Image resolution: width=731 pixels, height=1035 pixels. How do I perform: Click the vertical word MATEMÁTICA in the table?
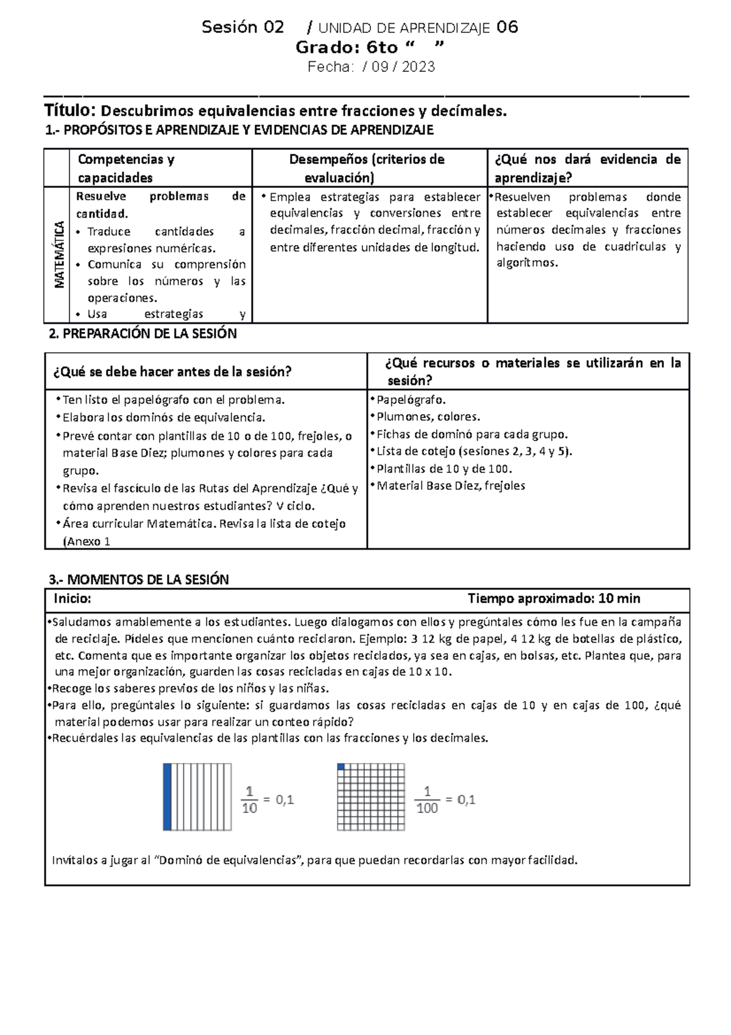pyautogui.click(x=59, y=254)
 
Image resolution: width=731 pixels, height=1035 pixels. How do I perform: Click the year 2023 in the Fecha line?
pyautogui.click(x=418, y=67)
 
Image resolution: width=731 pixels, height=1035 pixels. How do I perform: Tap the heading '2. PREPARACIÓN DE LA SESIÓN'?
pyautogui.click(x=142, y=334)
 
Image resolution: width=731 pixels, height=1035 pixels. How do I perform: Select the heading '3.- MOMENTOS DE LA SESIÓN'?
pyautogui.click(x=138, y=580)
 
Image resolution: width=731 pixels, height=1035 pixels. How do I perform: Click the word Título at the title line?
pyautogui.click(x=70, y=110)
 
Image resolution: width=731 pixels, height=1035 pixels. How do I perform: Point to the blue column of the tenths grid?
pyautogui.click(x=167, y=797)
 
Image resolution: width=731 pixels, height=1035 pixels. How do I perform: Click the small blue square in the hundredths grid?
pyautogui.click(x=341, y=767)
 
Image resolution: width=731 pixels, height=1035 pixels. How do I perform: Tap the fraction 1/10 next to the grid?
pyautogui.click(x=249, y=800)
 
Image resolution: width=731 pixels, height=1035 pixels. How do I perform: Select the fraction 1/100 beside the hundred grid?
pyautogui.click(x=427, y=800)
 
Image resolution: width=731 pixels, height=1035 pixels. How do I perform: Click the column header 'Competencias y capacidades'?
pyautogui.click(x=125, y=168)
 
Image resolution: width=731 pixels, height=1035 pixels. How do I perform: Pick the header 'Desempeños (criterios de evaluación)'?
pyautogui.click(x=366, y=168)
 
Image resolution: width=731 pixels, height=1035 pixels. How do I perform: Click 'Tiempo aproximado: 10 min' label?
pyautogui.click(x=553, y=599)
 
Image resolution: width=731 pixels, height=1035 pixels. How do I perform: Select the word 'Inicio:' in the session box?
pyautogui.click(x=72, y=599)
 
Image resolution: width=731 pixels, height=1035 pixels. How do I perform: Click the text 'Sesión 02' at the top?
pyautogui.click(x=242, y=27)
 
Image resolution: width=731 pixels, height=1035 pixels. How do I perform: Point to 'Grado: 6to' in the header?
pyautogui.click(x=346, y=48)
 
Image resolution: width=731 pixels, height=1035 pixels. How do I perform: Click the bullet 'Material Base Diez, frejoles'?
pyautogui.click(x=450, y=486)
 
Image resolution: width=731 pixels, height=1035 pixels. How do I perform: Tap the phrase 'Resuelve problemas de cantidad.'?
pyautogui.click(x=160, y=205)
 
